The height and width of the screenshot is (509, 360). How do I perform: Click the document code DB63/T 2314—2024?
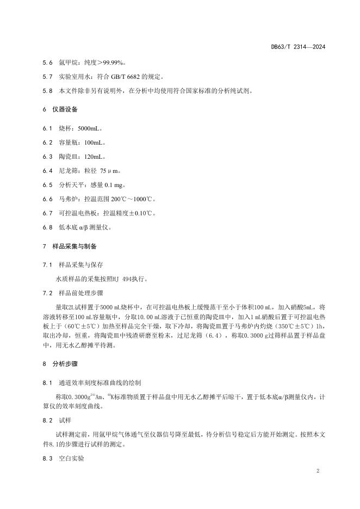point(298,47)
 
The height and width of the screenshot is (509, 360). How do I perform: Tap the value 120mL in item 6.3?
point(96,157)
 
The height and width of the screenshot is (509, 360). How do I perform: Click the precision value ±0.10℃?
point(139,213)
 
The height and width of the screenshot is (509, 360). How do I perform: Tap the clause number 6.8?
point(47,227)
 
